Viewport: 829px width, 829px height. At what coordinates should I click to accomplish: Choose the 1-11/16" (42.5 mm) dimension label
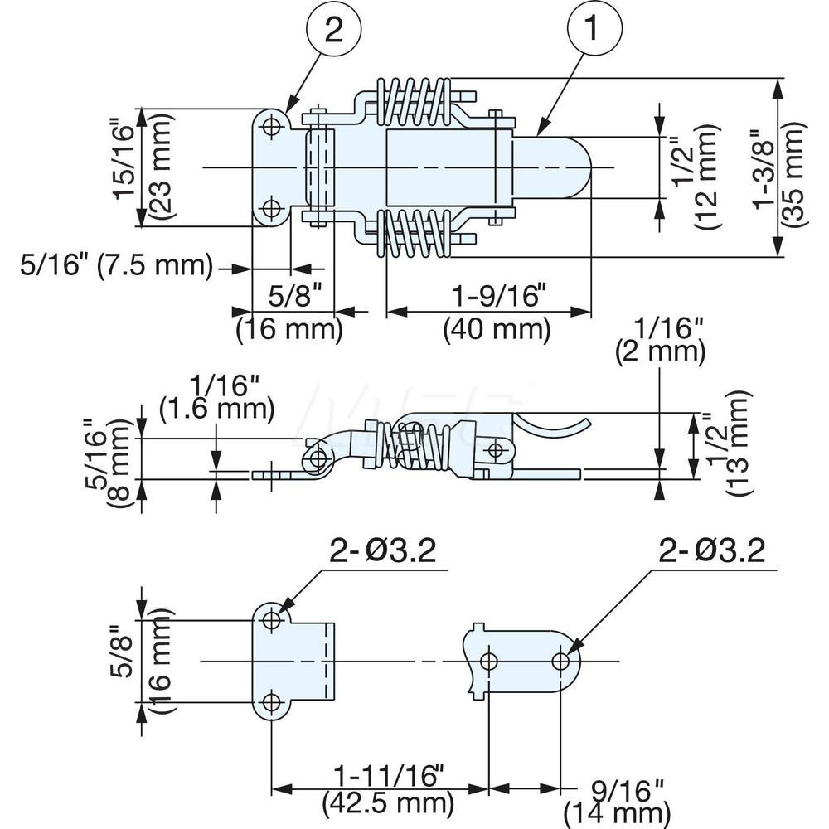coord(389,788)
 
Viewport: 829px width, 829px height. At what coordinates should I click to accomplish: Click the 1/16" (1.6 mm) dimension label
coord(216,395)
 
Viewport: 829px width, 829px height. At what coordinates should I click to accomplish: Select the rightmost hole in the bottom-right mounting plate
coord(560,661)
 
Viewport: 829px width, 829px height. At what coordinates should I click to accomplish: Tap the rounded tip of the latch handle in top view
coord(580,167)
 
